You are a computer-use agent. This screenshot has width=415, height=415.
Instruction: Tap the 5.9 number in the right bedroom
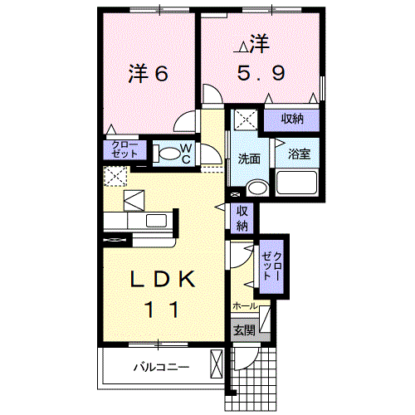260,73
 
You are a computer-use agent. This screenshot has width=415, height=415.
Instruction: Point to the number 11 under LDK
163,310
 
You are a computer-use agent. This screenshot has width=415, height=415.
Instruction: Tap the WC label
187,153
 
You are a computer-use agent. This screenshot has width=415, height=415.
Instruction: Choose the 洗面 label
248,159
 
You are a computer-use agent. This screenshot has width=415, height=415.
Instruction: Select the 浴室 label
298,154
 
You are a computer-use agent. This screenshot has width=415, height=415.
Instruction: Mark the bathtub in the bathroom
297,183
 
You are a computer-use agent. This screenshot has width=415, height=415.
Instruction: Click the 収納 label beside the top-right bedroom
291,119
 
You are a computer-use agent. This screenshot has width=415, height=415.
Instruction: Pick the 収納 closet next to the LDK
242,217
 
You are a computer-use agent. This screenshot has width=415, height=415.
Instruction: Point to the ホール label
245,306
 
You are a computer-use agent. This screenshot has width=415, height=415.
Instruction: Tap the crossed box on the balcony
217,364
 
